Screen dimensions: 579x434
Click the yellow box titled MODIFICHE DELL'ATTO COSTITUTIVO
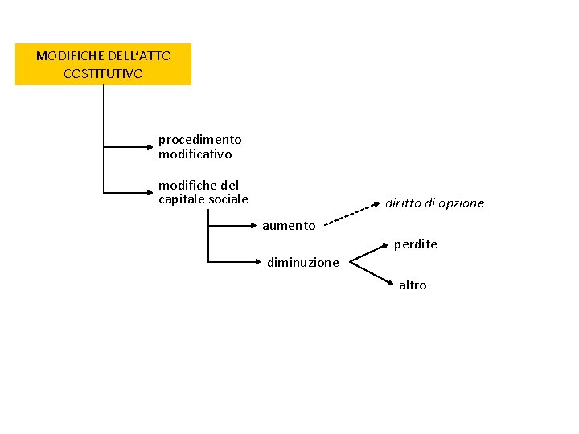[x=103, y=64]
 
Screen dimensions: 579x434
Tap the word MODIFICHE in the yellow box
[x=64, y=56]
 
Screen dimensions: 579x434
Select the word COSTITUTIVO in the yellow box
[x=103, y=73]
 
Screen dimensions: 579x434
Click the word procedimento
[x=199, y=140]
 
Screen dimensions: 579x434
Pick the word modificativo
[x=195, y=154]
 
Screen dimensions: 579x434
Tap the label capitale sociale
[x=203, y=199]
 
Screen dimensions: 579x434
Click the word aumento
[x=289, y=226]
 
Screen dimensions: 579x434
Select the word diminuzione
[x=303, y=262]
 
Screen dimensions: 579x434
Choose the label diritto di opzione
[x=434, y=203]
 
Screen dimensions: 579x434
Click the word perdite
[x=415, y=244]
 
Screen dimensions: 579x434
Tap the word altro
[x=413, y=285]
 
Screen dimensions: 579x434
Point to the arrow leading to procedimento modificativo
[x=129, y=147]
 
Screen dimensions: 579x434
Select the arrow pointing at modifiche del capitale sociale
[x=129, y=193]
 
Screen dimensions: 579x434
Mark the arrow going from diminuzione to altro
[x=372, y=272]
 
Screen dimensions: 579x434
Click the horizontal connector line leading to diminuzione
[x=233, y=262]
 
